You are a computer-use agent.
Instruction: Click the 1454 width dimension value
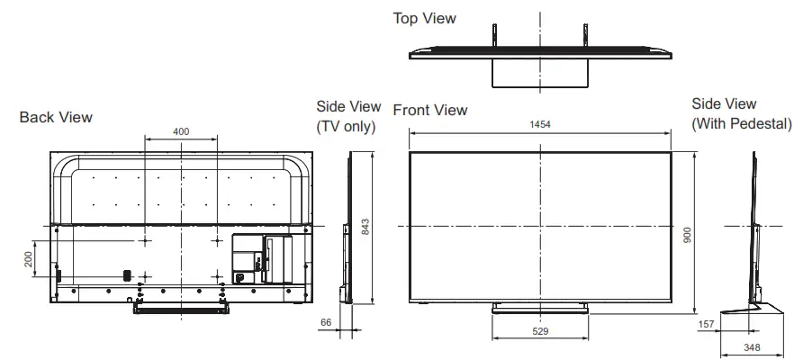(540, 123)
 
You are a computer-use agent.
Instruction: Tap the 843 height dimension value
(365, 229)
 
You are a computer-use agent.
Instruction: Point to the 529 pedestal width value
(540, 332)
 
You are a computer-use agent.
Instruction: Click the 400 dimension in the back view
(181, 131)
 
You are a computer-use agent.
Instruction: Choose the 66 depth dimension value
(326, 321)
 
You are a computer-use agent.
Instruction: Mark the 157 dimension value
(708, 322)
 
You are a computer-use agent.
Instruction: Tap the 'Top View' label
(424, 18)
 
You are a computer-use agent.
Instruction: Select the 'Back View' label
(56, 117)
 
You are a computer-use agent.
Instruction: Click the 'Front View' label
(430, 110)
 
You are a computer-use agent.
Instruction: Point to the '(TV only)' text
(346, 126)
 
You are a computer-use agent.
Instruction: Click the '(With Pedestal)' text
(741, 123)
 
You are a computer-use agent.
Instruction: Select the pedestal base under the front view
(540, 308)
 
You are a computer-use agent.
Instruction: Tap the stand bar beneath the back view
(181, 307)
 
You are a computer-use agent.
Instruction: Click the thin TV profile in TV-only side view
(348, 225)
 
